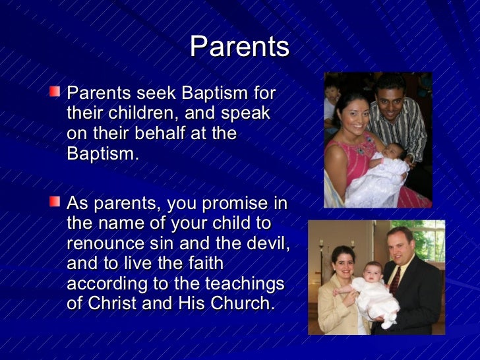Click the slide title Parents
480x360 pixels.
pos(239,47)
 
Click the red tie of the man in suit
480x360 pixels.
pos(394,280)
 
